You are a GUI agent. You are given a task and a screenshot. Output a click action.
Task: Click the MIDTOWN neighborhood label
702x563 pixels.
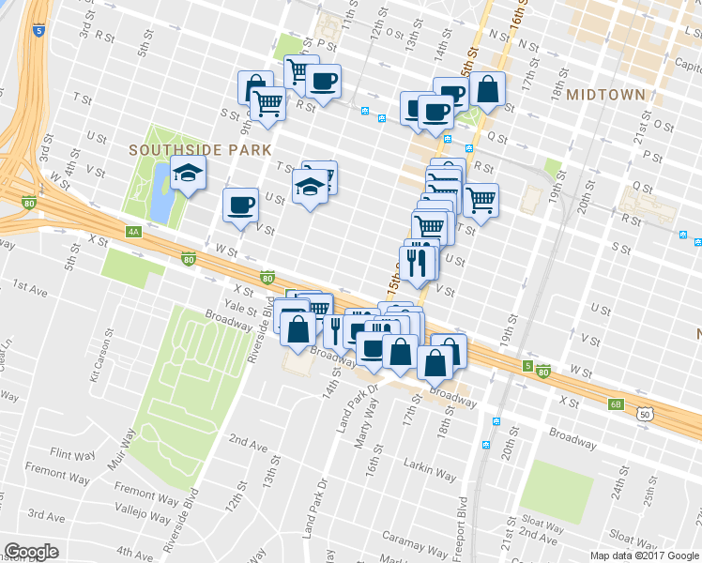(605, 95)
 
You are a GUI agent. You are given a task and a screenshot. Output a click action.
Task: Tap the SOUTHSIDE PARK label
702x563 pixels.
(200, 149)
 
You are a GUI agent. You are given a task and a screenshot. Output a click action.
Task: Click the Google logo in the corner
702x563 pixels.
(32, 552)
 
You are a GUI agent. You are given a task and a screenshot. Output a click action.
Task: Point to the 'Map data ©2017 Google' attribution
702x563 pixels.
(644, 555)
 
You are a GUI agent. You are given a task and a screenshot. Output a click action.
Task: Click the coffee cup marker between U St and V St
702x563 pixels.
(240, 204)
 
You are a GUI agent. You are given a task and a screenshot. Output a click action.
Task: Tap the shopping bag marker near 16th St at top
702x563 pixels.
(488, 90)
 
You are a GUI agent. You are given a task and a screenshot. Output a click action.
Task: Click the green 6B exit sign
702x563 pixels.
(616, 404)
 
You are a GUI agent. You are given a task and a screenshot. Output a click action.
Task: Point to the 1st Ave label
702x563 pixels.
(31, 292)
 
